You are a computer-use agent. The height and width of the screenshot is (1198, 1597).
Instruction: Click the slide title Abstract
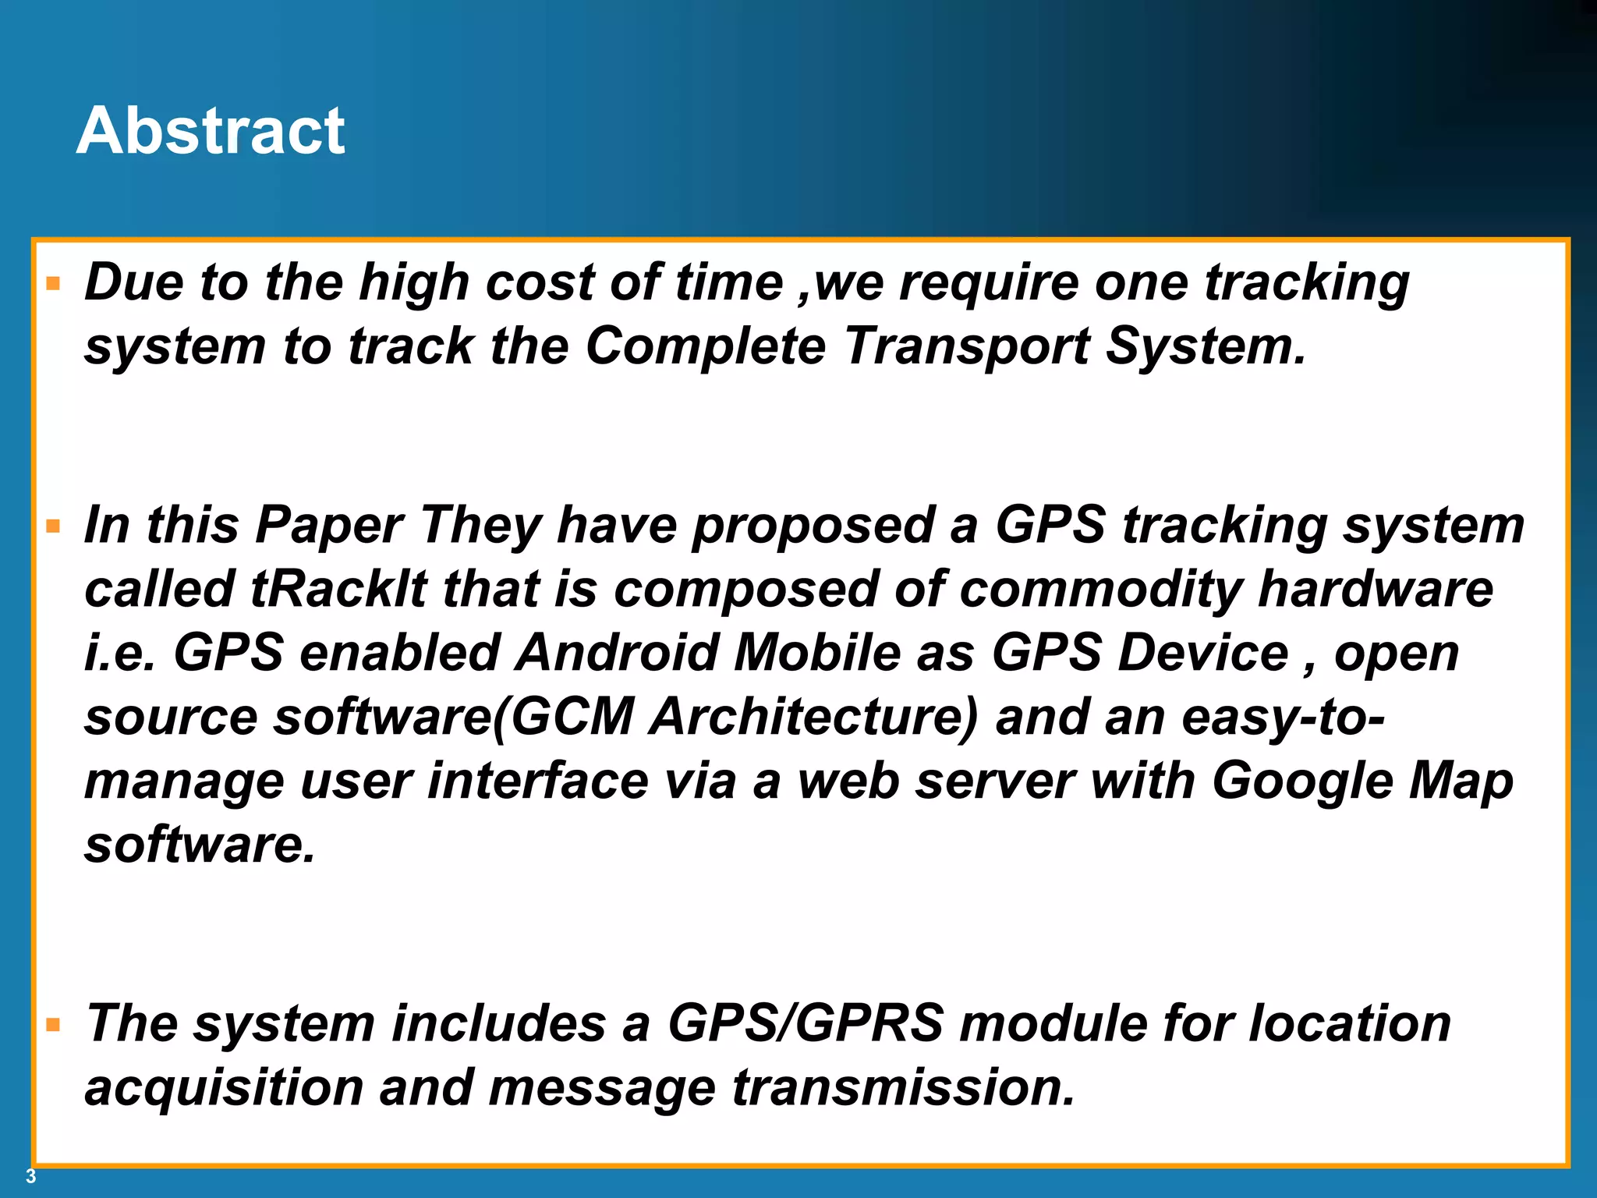(211, 131)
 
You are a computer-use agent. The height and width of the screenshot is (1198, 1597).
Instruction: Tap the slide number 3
(30, 1176)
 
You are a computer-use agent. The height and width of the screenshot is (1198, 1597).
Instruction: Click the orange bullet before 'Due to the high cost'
(53, 283)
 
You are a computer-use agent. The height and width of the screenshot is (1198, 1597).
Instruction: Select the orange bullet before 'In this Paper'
(53, 526)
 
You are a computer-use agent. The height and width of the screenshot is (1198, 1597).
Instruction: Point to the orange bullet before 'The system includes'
(53, 1024)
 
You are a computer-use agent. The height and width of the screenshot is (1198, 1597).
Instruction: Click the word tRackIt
(338, 589)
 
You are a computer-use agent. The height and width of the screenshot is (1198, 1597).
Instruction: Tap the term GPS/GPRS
(806, 1023)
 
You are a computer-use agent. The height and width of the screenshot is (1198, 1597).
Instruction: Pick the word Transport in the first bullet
(966, 346)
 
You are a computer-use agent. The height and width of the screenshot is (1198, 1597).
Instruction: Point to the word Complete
(705, 346)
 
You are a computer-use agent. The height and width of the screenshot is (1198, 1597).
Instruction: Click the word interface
(537, 782)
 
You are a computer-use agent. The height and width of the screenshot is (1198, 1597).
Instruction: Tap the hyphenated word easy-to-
(1283, 718)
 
